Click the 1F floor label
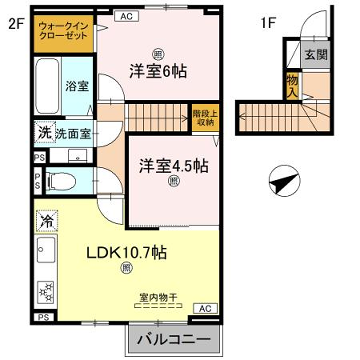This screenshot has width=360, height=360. (x=268, y=22)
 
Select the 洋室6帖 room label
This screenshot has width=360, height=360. (x=158, y=70)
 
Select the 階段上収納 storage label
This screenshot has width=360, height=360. (x=204, y=120)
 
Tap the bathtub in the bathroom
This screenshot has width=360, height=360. (x=45, y=88)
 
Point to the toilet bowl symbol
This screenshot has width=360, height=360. (x=59, y=182)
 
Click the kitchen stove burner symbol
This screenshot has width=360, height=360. (x=44, y=289)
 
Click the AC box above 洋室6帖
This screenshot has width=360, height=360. (x=125, y=17)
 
